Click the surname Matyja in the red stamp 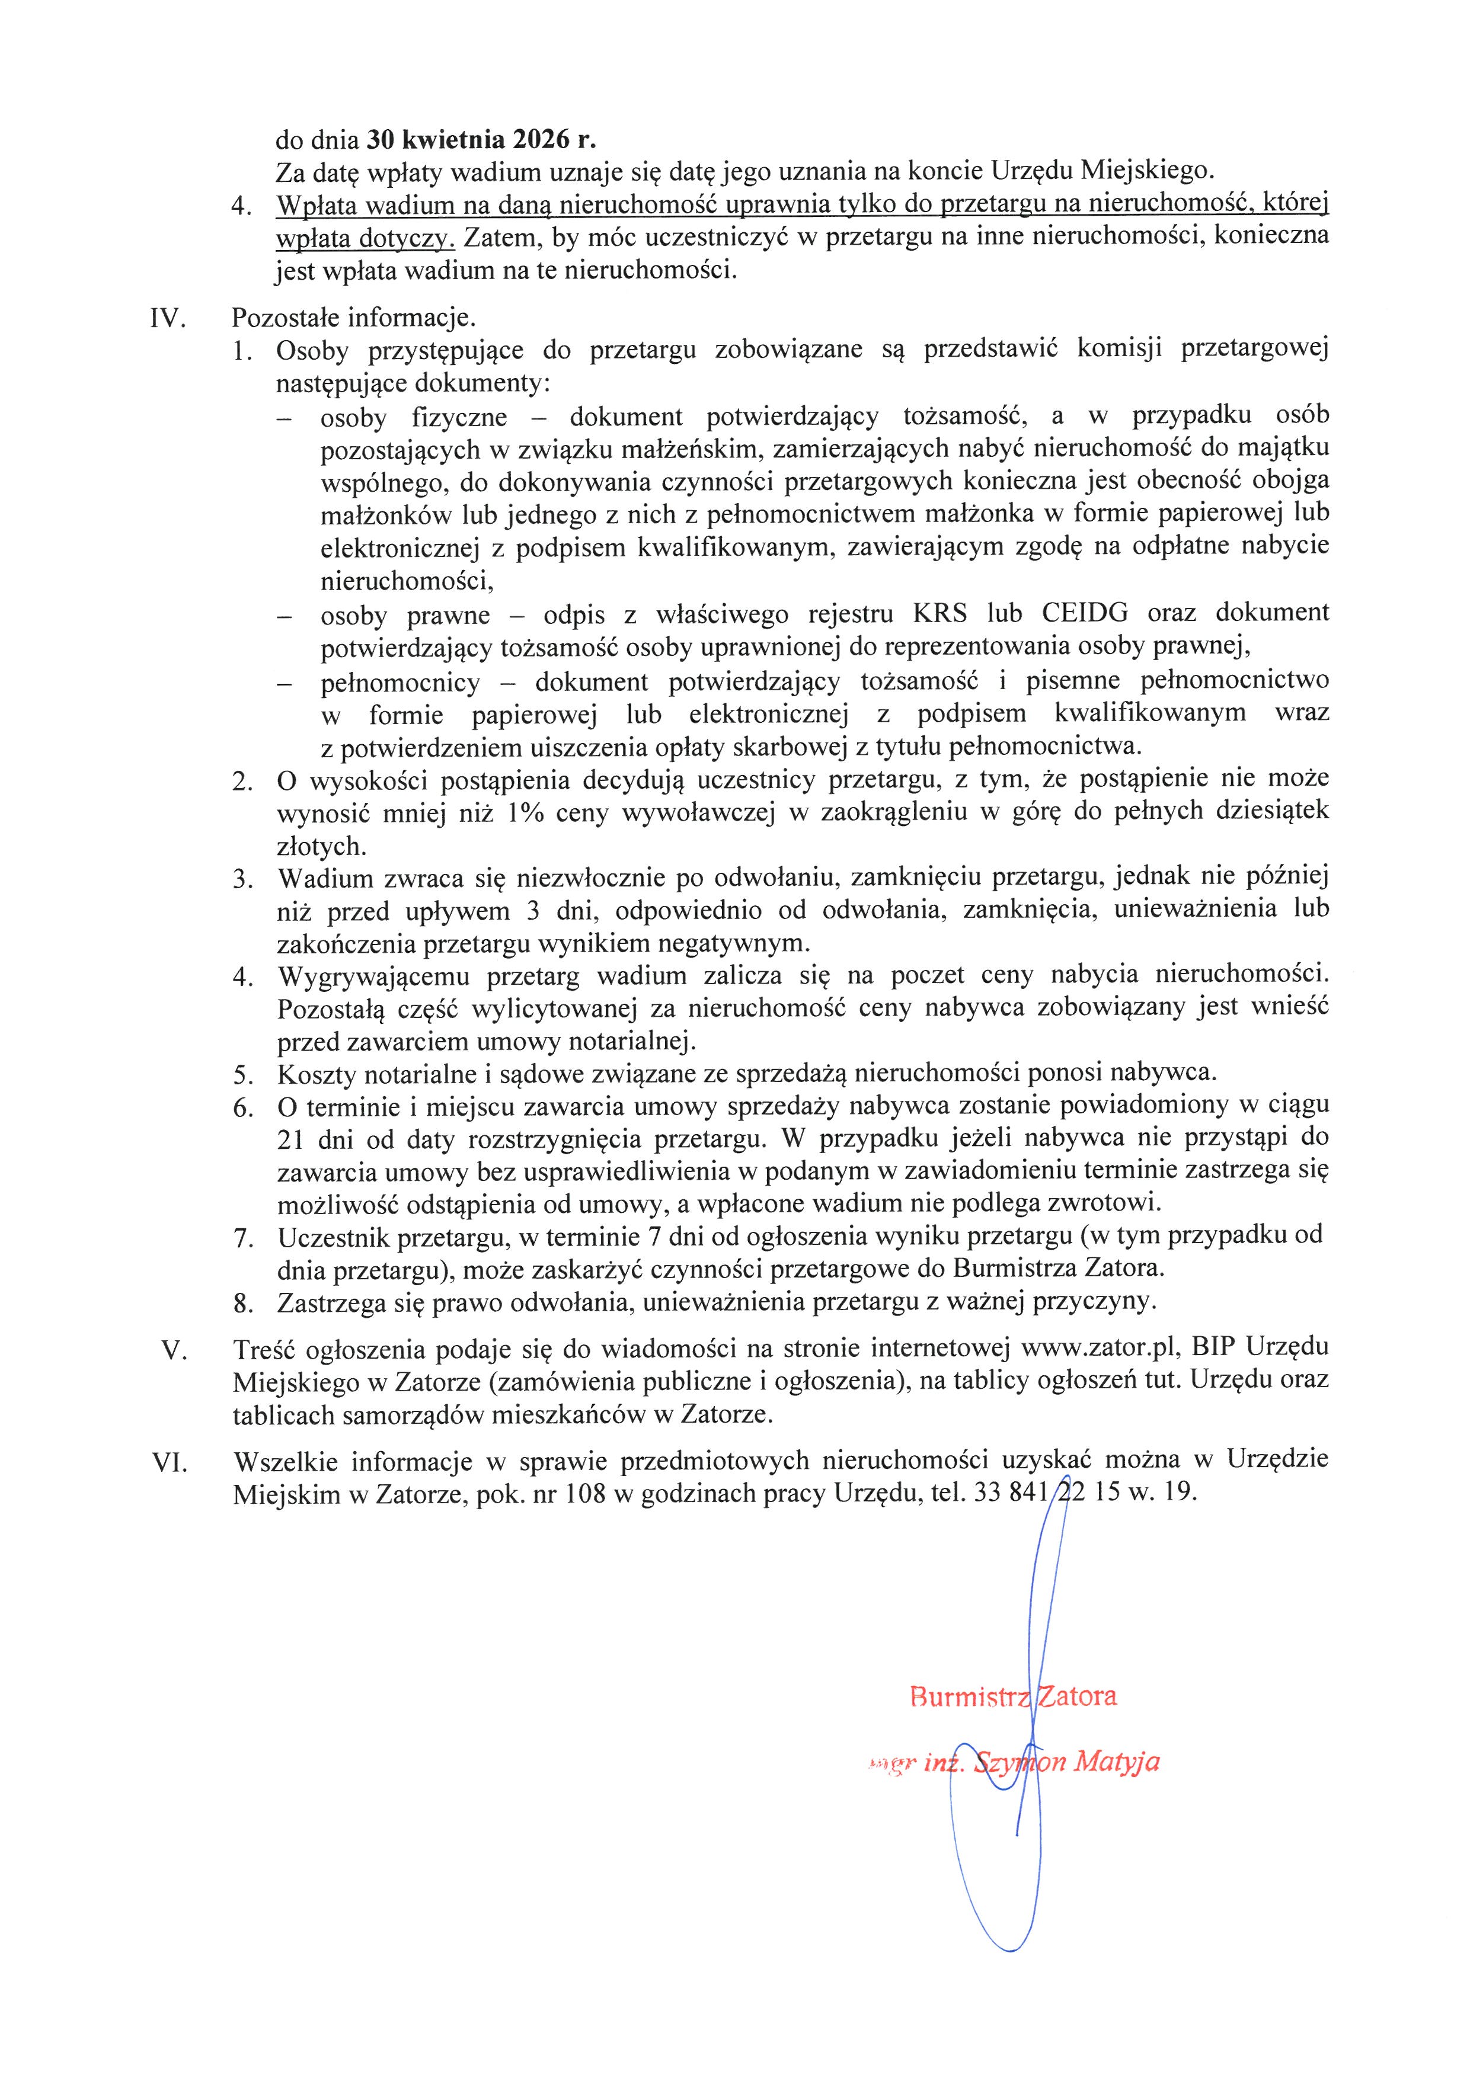pyautogui.click(x=1116, y=1762)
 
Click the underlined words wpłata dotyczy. pyautogui.click(x=365, y=238)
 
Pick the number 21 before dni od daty pyautogui.click(x=292, y=1139)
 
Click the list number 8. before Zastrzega pyautogui.click(x=242, y=1304)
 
